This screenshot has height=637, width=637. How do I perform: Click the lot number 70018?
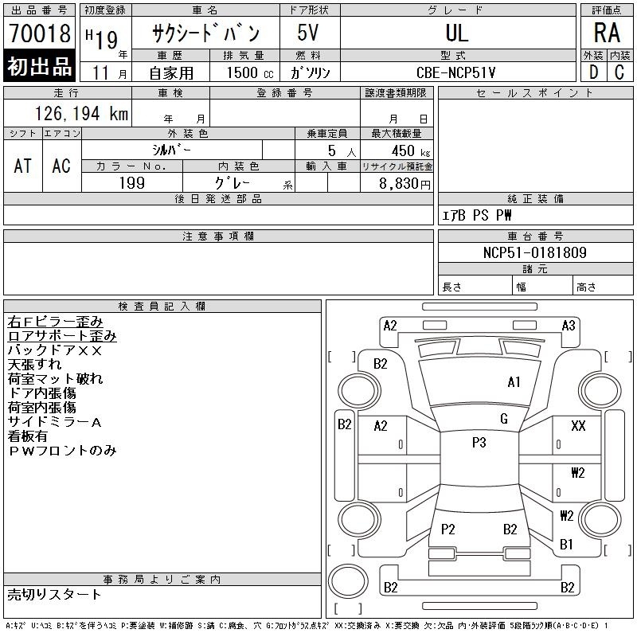(40, 33)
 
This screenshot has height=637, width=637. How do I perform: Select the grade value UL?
(457, 33)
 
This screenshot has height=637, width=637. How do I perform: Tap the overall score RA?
(607, 33)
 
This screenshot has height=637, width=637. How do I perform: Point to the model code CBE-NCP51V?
(455, 72)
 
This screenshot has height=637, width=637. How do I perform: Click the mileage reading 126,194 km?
(81, 113)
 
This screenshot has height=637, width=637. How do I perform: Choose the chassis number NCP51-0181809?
(534, 252)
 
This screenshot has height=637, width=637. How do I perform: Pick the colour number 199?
(132, 183)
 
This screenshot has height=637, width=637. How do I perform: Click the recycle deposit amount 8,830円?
(404, 184)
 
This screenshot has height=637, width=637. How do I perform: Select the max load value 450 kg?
(410, 151)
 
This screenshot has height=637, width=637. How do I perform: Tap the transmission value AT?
(23, 166)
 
